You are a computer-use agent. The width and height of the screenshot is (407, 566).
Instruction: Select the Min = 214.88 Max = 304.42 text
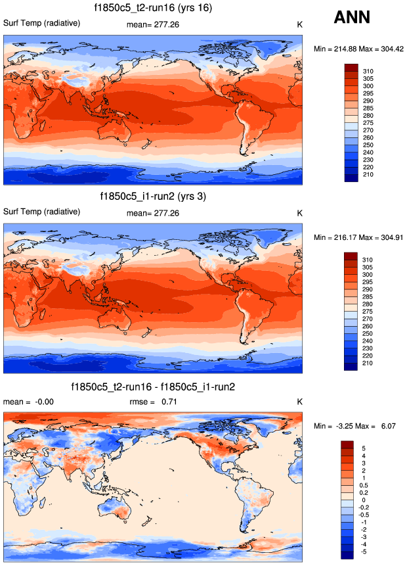pyautogui.click(x=357, y=49)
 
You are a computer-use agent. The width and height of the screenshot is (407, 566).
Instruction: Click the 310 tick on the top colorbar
pyautogui.click(x=368, y=70)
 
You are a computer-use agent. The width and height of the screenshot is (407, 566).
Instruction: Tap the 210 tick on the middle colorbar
pyautogui.click(x=368, y=367)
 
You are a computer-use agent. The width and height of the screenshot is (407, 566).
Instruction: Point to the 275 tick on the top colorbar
pyautogui.click(x=368, y=122)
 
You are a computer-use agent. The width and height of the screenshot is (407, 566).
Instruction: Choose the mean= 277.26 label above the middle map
pyautogui.click(x=153, y=213)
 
